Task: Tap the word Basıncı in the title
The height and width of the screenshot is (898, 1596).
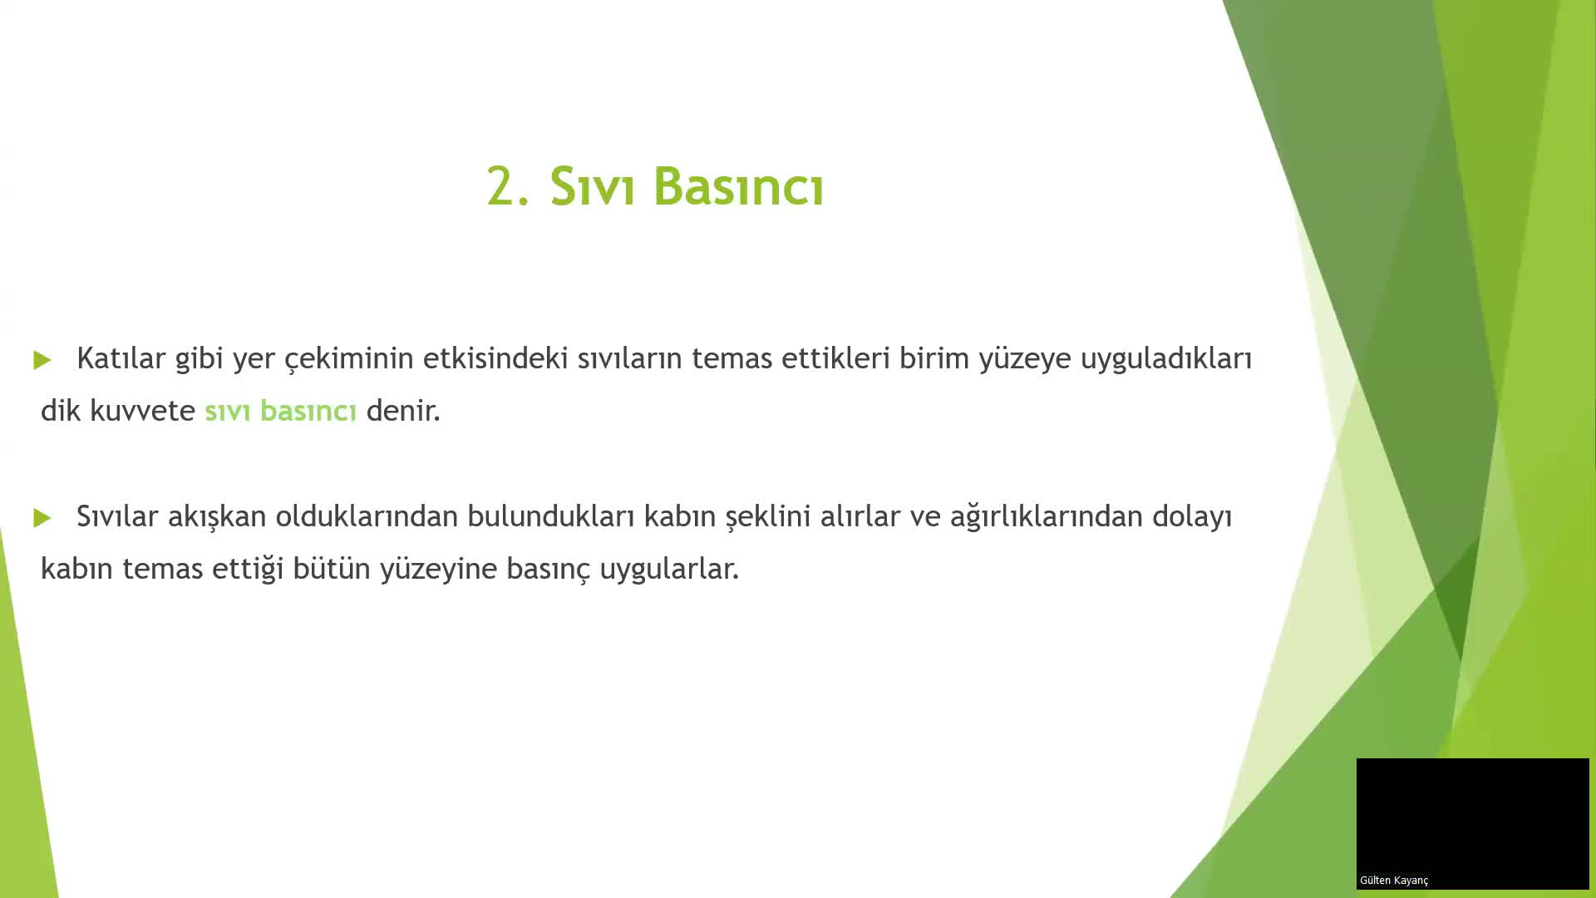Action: (738, 186)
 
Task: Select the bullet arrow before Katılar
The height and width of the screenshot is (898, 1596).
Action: (42, 360)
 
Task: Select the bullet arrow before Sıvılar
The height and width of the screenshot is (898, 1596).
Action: (42, 518)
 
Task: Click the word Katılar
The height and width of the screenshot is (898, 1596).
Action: (121, 358)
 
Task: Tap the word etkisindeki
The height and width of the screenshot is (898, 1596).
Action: (495, 358)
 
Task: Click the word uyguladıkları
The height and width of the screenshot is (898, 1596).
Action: (1165, 358)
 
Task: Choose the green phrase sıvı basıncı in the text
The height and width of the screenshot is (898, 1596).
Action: (280, 411)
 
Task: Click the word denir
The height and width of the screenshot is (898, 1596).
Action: (402, 411)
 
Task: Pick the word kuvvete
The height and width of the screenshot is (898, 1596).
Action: (142, 411)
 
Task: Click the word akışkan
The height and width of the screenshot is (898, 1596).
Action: (216, 516)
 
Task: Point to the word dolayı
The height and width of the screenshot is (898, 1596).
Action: (1191, 516)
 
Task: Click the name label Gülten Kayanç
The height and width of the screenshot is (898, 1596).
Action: (1394, 881)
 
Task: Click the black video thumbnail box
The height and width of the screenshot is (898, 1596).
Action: (1472, 815)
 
